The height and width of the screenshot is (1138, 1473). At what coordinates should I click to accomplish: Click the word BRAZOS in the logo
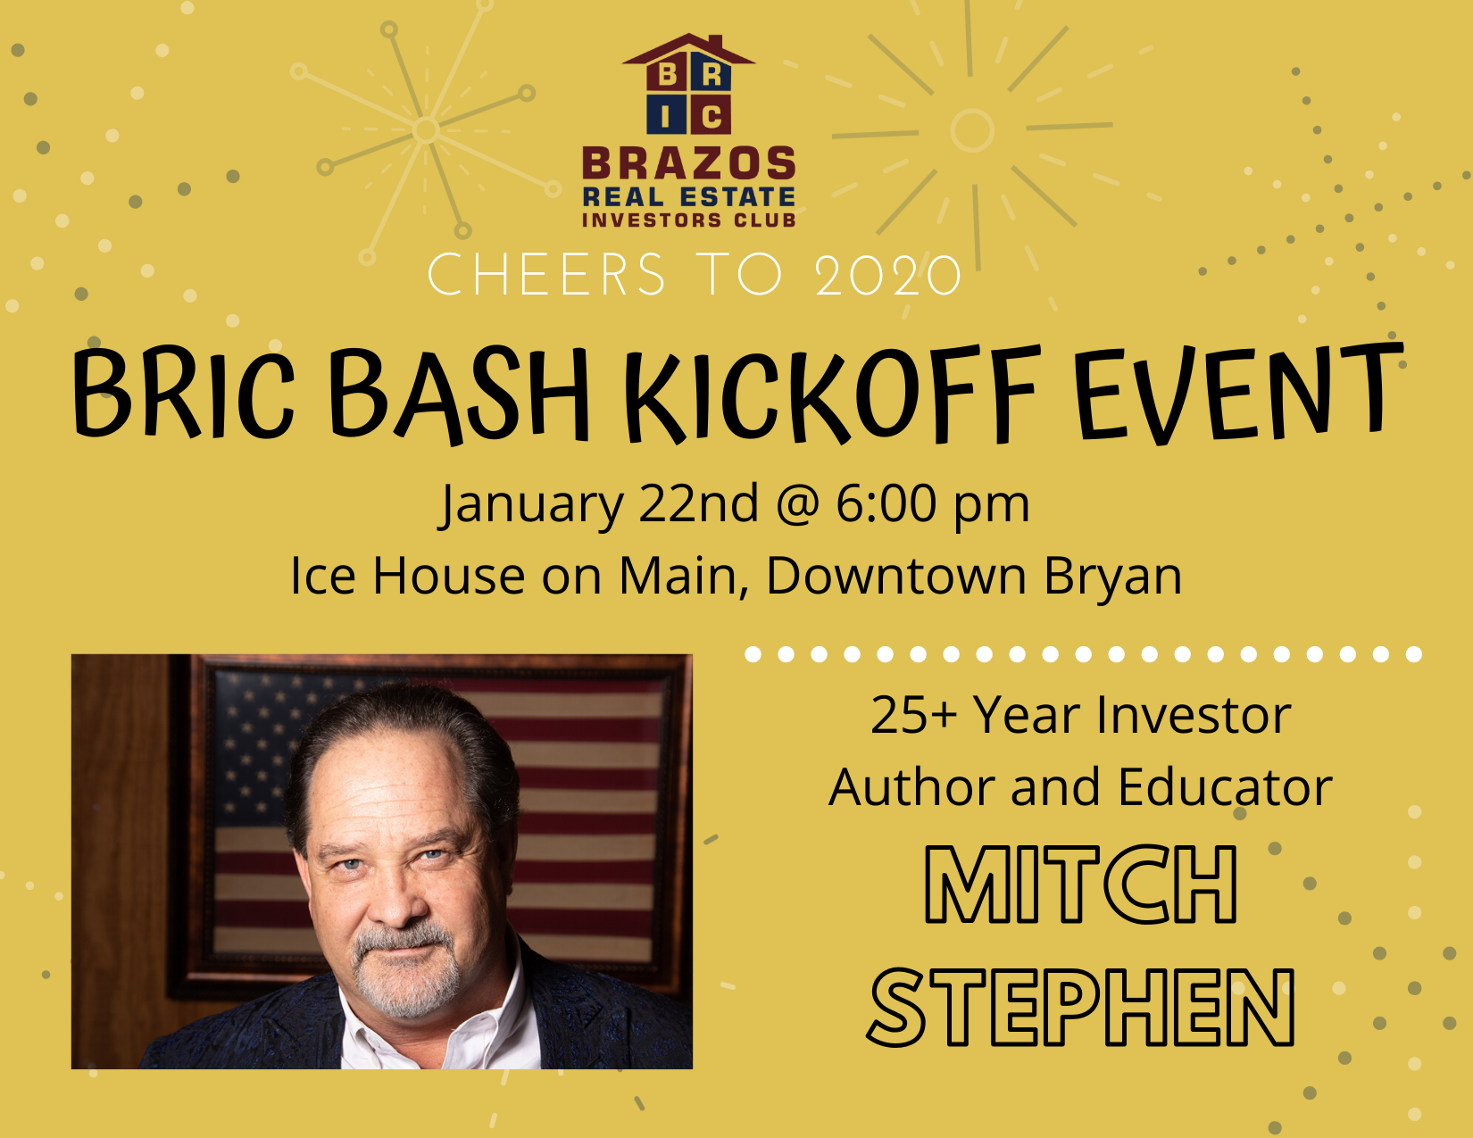point(688,163)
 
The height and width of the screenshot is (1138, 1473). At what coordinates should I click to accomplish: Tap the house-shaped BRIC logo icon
point(688,84)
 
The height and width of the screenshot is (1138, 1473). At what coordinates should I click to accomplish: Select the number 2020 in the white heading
point(888,275)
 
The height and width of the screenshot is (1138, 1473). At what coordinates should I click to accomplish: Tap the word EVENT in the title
point(1238,392)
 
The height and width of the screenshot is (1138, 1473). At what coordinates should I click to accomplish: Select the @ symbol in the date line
point(797,505)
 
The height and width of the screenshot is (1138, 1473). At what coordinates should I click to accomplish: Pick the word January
point(531,505)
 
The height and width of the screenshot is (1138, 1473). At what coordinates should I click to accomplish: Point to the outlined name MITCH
point(1080,884)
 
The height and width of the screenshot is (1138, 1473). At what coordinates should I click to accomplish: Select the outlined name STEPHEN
point(1080,1007)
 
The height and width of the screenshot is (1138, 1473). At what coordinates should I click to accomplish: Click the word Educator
point(1225,787)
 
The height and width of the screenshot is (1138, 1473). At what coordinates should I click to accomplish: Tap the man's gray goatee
point(407,969)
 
